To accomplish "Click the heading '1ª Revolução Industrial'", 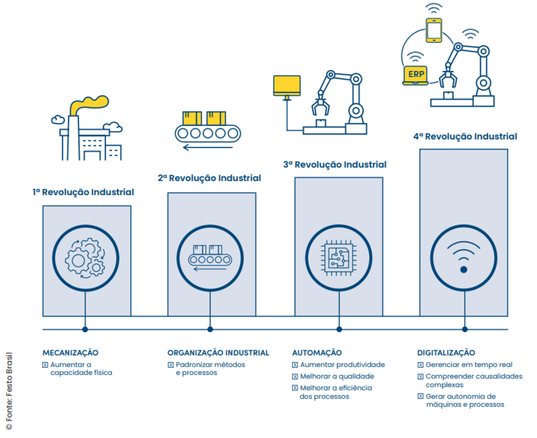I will [x=83, y=193].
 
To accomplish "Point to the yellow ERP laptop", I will [x=414, y=74].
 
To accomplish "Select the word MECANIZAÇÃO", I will [x=70, y=352].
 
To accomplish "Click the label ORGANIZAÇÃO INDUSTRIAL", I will [x=218, y=352].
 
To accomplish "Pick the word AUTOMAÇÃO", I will [x=317, y=352].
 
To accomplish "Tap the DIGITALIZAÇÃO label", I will [x=446, y=352].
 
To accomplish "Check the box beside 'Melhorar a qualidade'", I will [x=295, y=376].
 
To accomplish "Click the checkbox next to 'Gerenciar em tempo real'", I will [x=420, y=365].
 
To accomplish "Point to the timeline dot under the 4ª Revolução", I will [x=464, y=329].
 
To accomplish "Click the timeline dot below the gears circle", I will [x=85, y=329].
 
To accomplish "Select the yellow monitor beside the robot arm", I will [x=287, y=85].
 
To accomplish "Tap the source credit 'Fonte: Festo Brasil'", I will [x=9, y=389].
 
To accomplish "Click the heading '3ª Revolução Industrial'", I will [x=334, y=164].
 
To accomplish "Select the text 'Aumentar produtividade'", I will [x=342, y=365].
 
